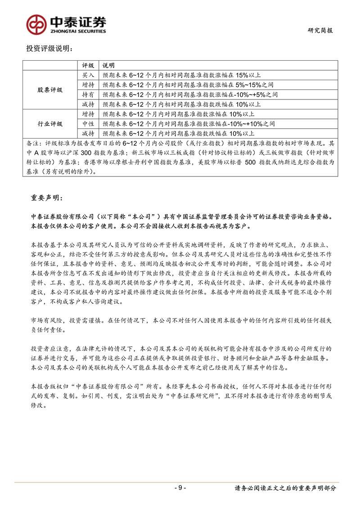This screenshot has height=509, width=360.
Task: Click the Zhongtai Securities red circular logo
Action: [x=36, y=24]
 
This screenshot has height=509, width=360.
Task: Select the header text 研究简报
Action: [x=322, y=31]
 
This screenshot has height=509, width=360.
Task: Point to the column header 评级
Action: [x=88, y=66]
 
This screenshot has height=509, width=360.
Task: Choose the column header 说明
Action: [x=108, y=66]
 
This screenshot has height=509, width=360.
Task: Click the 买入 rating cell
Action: [x=88, y=74]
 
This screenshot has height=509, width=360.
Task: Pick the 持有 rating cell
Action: [x=88, y=95]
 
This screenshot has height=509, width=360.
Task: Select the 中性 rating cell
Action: [x=88, y=123]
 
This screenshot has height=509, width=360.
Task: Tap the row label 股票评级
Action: [x=50, y=90]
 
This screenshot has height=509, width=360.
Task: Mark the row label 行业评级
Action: [x=50, y=123]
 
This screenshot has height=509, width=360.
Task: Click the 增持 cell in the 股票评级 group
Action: [x=88, y=85]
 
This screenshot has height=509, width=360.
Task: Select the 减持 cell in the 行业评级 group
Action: [x=88, y=133]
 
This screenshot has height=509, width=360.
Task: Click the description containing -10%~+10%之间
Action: [x=189, y=123]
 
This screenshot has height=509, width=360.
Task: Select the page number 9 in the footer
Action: [x=180, y=488]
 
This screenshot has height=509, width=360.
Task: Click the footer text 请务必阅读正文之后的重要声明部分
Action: [x=285, y=488]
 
